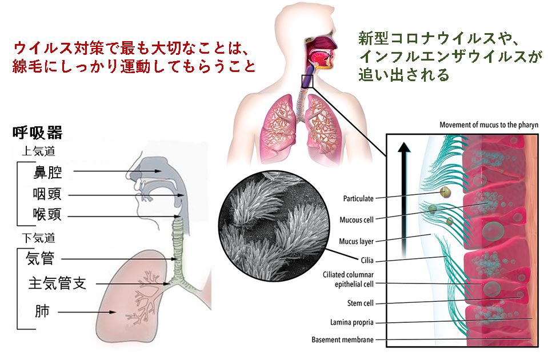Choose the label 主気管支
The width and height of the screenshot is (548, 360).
point(57,283)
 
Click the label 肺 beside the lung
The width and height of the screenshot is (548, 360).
point(42,312)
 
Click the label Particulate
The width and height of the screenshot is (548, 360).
point(358,199)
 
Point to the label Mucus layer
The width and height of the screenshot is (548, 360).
point(356,241)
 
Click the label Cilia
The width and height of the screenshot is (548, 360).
point(366,261)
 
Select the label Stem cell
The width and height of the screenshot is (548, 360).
point(360,303)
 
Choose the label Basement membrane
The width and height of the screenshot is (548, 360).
point(342,340)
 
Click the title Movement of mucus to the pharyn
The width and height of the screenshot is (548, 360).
point(489,125)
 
